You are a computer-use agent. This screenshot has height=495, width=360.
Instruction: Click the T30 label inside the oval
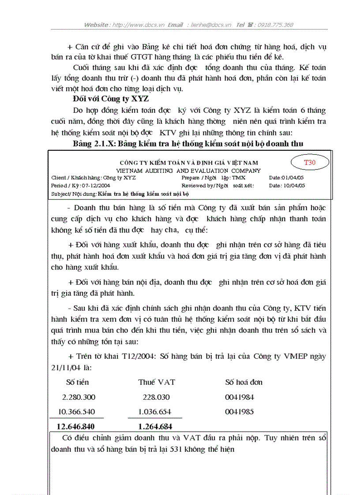coord(310,162)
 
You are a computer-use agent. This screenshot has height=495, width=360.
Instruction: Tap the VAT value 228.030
coord(156,397)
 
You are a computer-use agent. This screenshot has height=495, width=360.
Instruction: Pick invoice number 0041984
coord(239,397)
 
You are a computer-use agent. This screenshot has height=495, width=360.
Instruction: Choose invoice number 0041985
coord(239,412)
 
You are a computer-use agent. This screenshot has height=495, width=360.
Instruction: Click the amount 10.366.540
coord(76,412)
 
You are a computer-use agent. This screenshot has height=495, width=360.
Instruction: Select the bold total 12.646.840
coord(75,426)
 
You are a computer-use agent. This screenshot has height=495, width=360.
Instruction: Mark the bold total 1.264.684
coord(155,426)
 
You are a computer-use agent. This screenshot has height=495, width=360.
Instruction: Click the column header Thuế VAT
coord(156,382)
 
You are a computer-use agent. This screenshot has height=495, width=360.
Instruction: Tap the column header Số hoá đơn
coord(244,382)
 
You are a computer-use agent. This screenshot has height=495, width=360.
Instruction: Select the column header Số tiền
coord(77,382)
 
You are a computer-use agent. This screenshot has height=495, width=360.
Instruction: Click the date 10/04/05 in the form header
coord(293,186)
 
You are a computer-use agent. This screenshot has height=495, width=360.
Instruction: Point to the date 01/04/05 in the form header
coord(292,178)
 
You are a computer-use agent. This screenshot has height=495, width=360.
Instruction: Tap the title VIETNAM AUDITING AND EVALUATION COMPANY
coord(188,171)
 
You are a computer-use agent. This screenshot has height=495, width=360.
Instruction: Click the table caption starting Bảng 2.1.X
coord(188,144)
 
